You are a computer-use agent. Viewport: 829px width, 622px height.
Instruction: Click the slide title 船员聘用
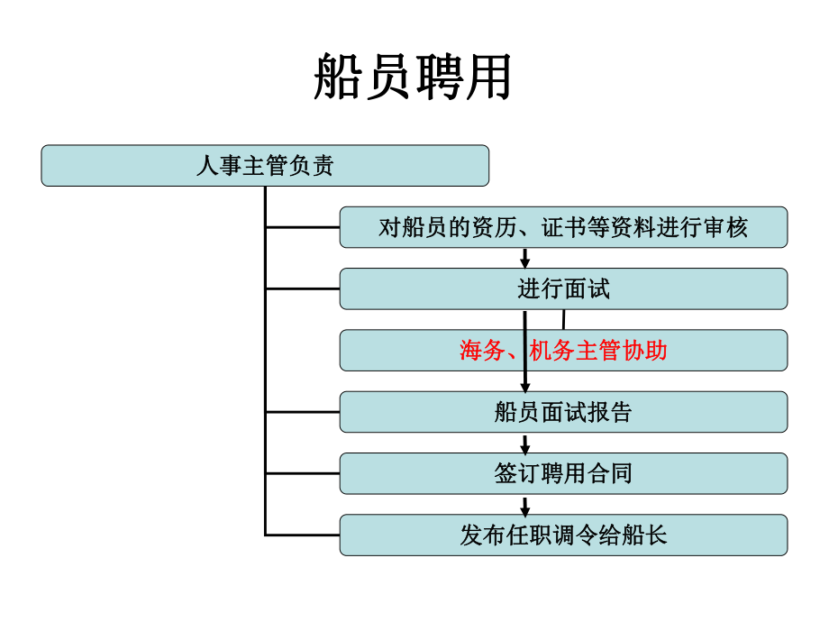point(414,76)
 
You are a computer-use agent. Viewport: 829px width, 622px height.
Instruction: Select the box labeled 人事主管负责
point(265,166)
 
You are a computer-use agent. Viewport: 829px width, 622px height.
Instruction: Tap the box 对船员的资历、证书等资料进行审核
point(563,227)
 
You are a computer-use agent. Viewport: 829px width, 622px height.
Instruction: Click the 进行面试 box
point(563,288)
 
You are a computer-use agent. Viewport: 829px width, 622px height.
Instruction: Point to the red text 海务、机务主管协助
point(563,351)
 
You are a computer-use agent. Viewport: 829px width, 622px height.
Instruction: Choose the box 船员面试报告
point(563,412)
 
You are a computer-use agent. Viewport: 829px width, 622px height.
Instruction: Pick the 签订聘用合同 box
point(563,473)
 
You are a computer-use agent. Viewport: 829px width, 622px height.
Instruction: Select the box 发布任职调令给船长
point(563,535)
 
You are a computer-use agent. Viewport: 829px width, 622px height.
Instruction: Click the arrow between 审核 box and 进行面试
point(525,258)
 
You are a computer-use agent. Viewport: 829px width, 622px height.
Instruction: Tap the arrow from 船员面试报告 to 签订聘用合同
point(525,444)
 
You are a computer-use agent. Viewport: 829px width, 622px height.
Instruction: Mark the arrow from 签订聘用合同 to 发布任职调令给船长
point(525,506)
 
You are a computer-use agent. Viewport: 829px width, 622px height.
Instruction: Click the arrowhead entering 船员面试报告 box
point(525,386)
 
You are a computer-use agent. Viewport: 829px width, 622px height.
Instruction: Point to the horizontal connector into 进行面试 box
point(302,289)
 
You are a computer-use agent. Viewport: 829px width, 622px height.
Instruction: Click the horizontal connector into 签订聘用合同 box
point(302,473)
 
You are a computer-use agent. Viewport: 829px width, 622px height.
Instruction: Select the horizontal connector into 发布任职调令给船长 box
point(302,535)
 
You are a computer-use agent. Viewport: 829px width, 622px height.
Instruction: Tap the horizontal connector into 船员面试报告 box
point(302,412)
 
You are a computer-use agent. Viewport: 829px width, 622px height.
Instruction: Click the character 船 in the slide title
point(338,76)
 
